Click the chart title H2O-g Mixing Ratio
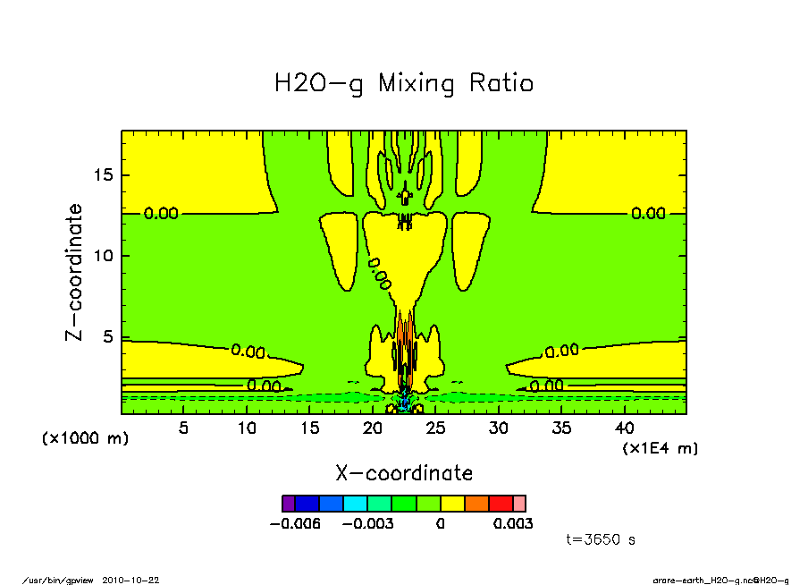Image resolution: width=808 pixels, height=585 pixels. pos(404,84)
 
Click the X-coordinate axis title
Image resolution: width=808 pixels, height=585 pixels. pos(404,473)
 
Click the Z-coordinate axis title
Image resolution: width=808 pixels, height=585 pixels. pos(75,272)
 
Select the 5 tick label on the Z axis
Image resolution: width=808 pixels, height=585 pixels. pos(108,338)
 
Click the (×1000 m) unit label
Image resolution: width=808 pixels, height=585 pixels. pos(86,439)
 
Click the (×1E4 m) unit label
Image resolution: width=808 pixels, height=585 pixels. pos(661,447)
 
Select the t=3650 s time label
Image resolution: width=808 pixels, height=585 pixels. pos(602,539)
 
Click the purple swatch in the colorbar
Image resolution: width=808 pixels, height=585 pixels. pos(288,504)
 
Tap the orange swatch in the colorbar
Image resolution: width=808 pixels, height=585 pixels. pos(476,504)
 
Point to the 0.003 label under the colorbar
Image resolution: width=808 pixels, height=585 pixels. pos(513,524)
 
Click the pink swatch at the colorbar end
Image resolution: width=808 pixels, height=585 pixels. pos(519,504)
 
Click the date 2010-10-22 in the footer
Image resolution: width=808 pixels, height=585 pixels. pos(137,581)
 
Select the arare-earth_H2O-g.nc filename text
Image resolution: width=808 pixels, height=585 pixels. pos(705,581)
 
